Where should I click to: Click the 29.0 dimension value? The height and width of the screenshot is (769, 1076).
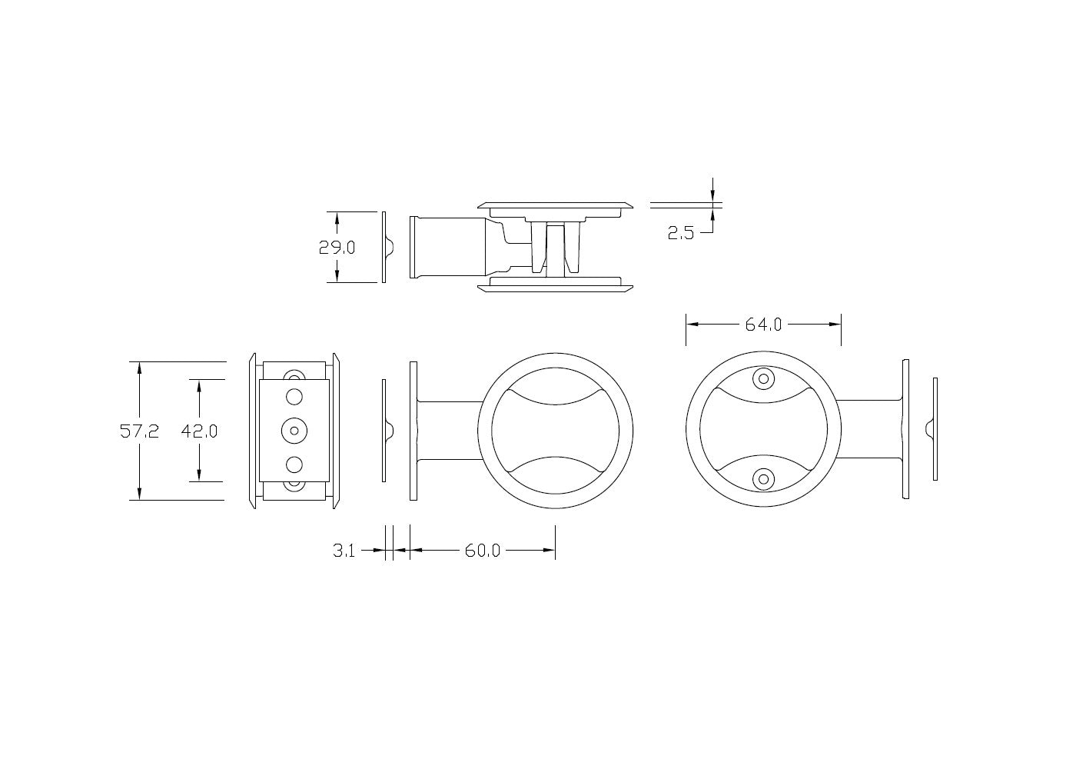tap(337, 247)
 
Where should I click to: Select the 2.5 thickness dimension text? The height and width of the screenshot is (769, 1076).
tap(680, 233)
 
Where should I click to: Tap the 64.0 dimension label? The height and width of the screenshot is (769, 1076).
tap(763, 325)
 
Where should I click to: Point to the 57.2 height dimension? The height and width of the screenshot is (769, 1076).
tap(139, 431)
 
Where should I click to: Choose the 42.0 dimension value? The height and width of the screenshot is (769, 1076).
tap(199, 431)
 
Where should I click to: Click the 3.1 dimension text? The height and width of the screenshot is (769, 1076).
tap(344, 551)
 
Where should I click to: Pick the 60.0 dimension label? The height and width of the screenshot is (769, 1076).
tap(482, 551)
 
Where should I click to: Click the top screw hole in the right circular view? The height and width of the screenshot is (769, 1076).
tap(763, 378)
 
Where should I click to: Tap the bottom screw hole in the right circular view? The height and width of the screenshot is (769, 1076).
tap(763, 479)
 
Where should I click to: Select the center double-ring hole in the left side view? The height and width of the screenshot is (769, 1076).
tap(294, 431)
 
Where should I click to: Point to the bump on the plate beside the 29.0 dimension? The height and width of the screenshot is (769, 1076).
tap(389, 247)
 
